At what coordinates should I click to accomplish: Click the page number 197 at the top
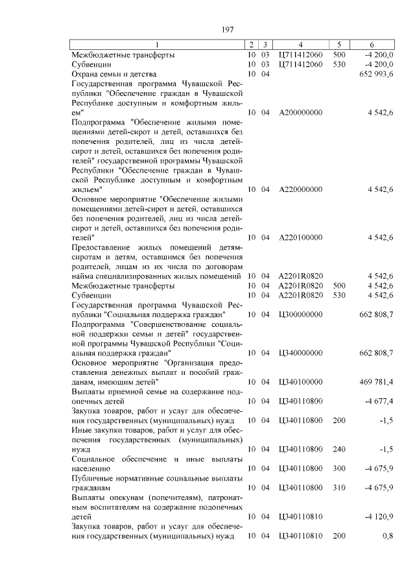point(227,30)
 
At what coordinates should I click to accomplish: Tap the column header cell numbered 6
point(372,45)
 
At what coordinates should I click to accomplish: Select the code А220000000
point(300,189)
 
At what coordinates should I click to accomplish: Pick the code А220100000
point(300,237)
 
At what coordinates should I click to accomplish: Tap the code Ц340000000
point(300,353)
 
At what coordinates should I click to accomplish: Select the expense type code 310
point(338,486)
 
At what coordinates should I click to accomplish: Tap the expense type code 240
point(338,449)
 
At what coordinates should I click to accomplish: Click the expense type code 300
point(338,468)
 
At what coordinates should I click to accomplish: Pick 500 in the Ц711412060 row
point(338,55)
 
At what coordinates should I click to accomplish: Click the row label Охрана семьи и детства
point(113,75)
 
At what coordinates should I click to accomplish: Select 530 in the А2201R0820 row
point(338,295)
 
